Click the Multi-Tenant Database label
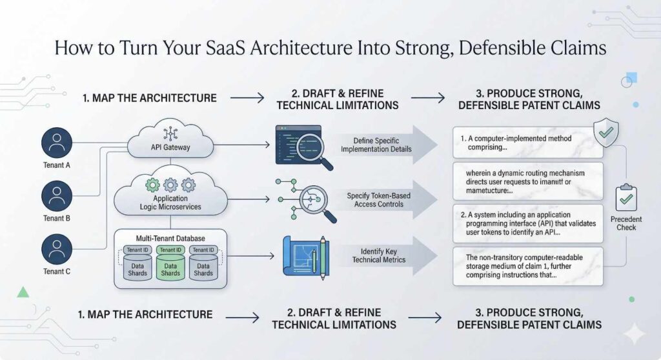170,237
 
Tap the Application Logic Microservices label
170,203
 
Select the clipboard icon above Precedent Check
625,197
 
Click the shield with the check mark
605,134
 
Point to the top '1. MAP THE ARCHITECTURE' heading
149,98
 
